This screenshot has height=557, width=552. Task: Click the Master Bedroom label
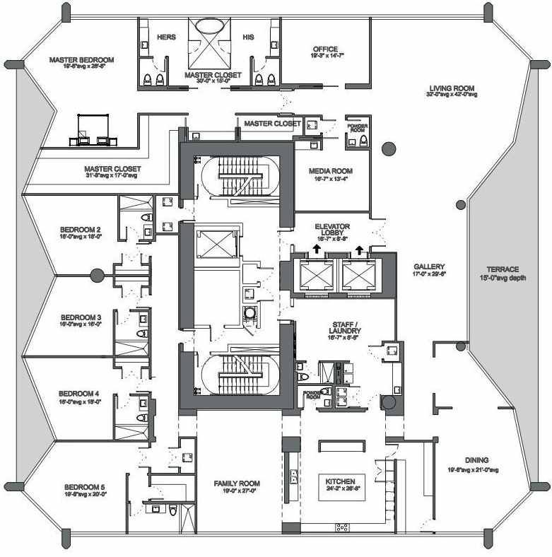point(81,60)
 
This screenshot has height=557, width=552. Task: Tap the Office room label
point(325,49)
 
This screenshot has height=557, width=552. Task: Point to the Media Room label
point(331,171)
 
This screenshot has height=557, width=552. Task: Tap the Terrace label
point(503,269)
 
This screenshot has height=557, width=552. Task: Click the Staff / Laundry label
point(346,330)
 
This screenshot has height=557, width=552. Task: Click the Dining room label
point(477,459)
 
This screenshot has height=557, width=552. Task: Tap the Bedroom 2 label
point(80,230)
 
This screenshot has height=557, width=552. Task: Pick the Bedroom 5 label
point(84,487)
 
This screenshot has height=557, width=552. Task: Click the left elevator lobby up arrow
point(313,249)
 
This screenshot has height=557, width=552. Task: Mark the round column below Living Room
point(388,148)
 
